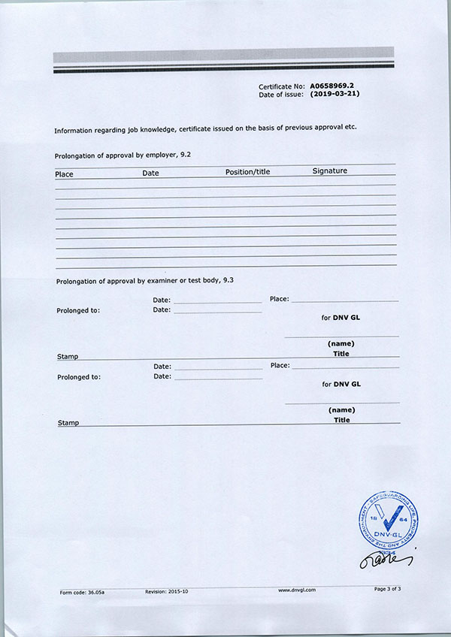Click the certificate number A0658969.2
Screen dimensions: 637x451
[x=331, y=86]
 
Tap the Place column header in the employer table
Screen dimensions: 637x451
[x=64, y=174]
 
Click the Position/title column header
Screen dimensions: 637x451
[x=247, y=172]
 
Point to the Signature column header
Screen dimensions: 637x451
[x=329, y=171]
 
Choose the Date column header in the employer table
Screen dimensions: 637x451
[x=150, y=174]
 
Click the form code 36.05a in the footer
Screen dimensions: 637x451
[x=83, y=592]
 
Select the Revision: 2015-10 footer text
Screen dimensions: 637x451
[x=166, y=592]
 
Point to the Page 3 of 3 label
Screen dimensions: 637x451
[x=387, y=589]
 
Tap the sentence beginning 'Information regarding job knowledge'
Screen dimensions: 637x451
[x=204, y=128]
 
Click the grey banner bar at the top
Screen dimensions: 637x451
[x=223, y=55]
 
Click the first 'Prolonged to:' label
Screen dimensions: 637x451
[x=78, y=310]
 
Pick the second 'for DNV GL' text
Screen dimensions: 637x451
[x=341, y=384]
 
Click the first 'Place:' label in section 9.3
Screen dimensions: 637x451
[x=279, y=299]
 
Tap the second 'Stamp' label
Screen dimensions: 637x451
[x=68, y=423]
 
